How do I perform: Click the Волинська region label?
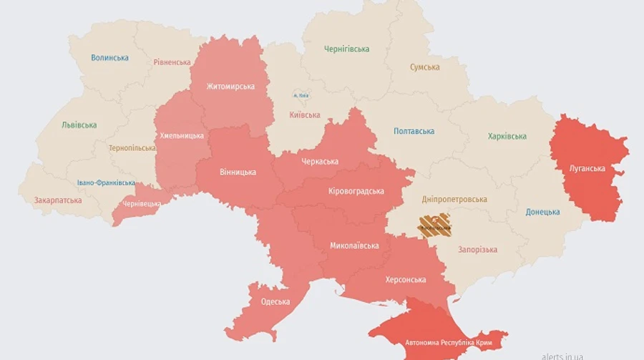pos(110,57)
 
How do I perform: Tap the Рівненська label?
pos(172,62)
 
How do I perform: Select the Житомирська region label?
pos(230,87)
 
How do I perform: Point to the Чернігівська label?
pos(346,49)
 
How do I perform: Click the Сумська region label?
pos(424,67)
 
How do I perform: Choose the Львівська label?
pos(79,125)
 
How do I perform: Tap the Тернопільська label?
pos(132,148)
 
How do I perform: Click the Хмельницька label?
pos(181,135)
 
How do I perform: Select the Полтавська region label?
pos(414,131)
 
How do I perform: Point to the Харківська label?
pos(507,136)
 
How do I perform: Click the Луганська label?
pos(587,169)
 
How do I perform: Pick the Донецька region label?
pos(542,212)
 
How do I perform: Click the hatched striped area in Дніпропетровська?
pos(434,225)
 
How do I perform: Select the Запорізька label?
pos(477,249)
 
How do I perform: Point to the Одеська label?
pos(275,301)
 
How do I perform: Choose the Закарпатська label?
pos(58,200)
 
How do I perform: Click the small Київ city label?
pos(301,95)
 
